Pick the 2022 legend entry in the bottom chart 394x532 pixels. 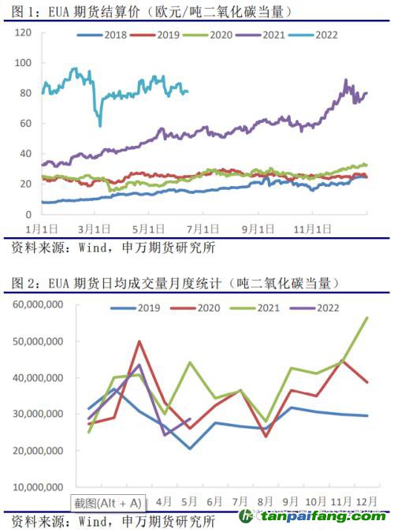pos(311,308)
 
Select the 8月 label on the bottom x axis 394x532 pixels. pos(266,500)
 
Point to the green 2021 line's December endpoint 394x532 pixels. pos(367,318)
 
